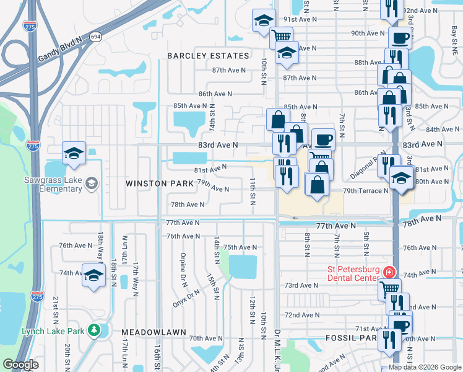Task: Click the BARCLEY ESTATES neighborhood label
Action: click(x=208, y=56)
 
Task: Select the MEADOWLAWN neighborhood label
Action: click(x=154, y=332)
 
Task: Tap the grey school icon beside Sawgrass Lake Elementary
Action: click(x=92, y=182)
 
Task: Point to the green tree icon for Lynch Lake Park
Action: click(x=94, y=330)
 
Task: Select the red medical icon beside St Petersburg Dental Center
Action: click(x=389, y=272)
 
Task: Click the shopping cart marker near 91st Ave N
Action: click(x=282, y=37)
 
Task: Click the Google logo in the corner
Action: click(x=20, y=365)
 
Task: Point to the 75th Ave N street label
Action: click(x=240, y=247)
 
